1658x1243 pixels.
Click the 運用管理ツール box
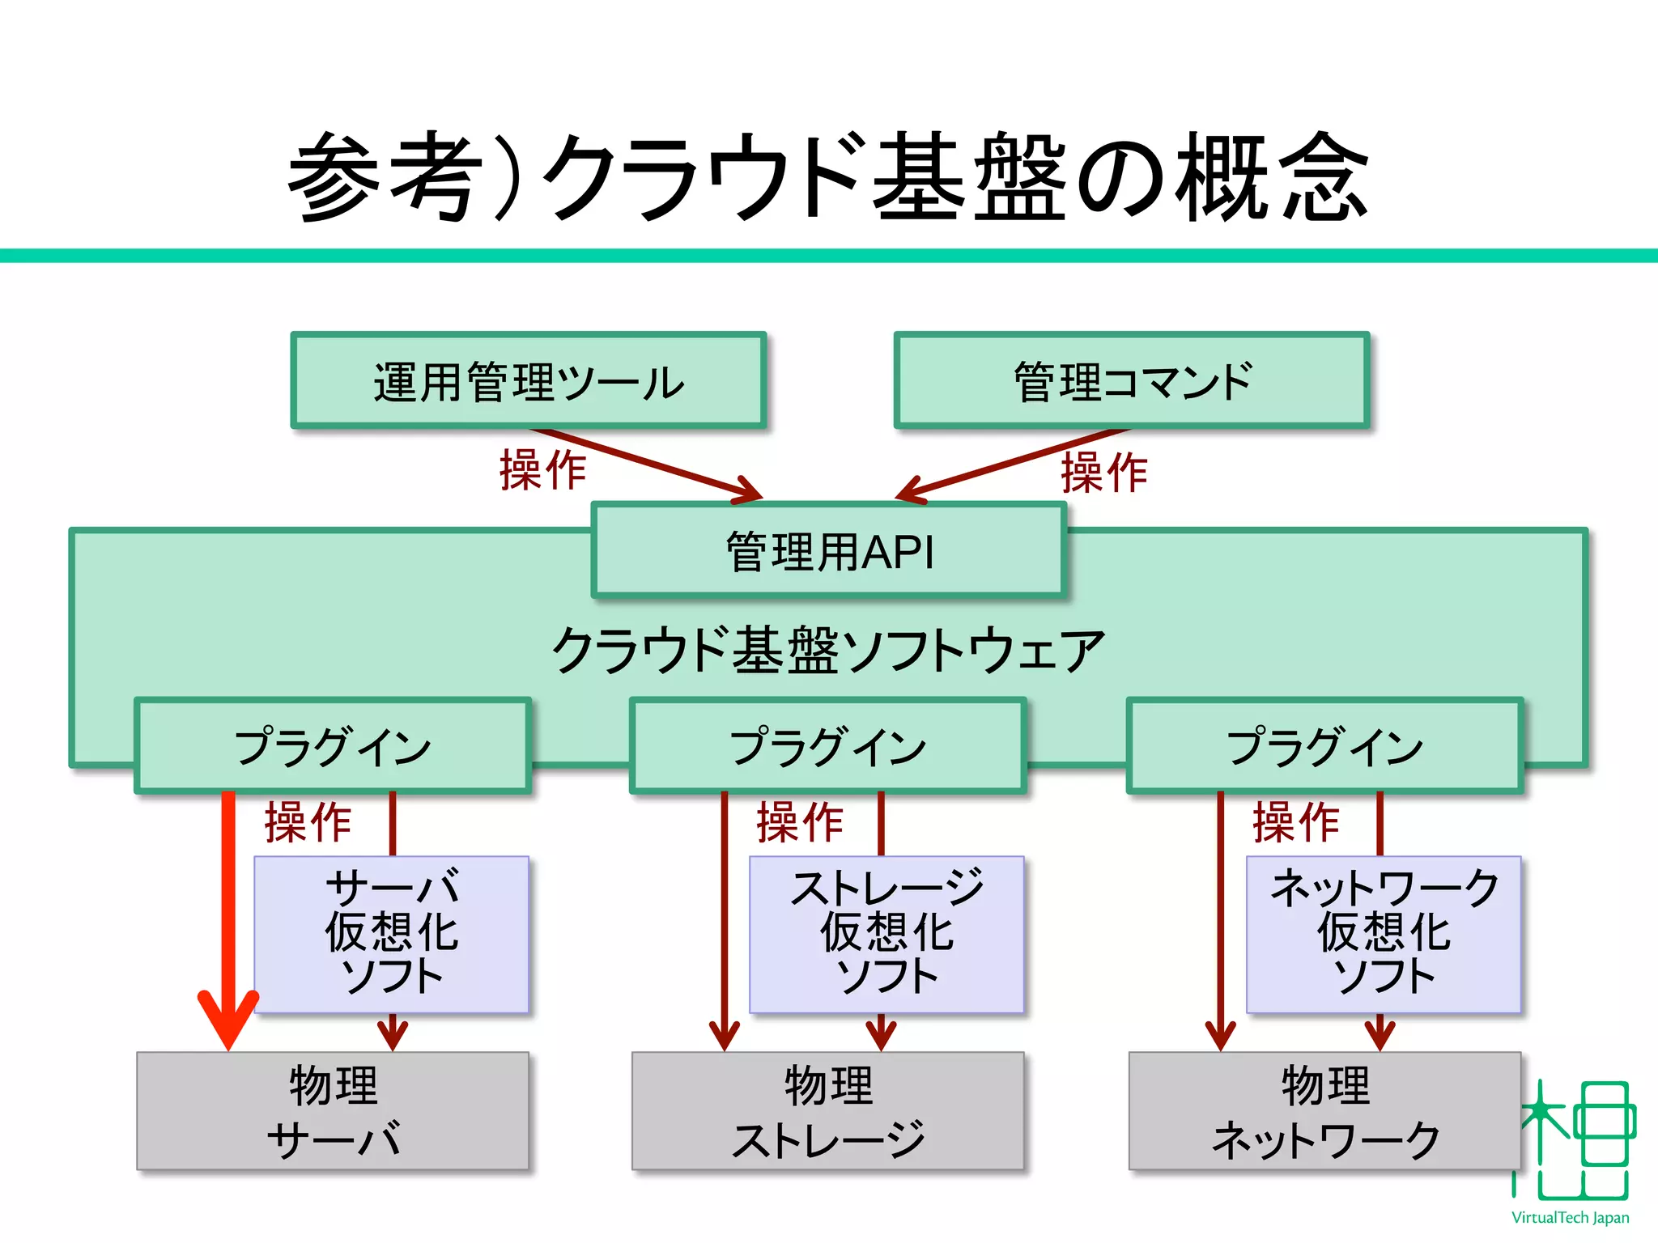[x=528, y=380]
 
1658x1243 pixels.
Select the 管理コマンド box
[x=1132, y=380]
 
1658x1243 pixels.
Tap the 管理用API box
[x=828, y=551]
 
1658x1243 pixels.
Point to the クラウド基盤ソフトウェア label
[x=828, y=650]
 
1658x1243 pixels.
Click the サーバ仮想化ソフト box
[x=392, y=933]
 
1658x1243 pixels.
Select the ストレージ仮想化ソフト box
[x=886, y=933]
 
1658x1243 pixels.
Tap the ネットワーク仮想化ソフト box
[x=1384, y=933]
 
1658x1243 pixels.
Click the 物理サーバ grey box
[x=332, y=1111]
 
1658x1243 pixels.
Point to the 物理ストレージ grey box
[x=828, y=1111]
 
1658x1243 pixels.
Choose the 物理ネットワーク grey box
[x=1324, y=1111]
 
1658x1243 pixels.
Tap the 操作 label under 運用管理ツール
[x=542, y=470]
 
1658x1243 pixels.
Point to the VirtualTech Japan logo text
[x=1570, y=1218]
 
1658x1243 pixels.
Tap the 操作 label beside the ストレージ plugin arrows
[x=800, y=822]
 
